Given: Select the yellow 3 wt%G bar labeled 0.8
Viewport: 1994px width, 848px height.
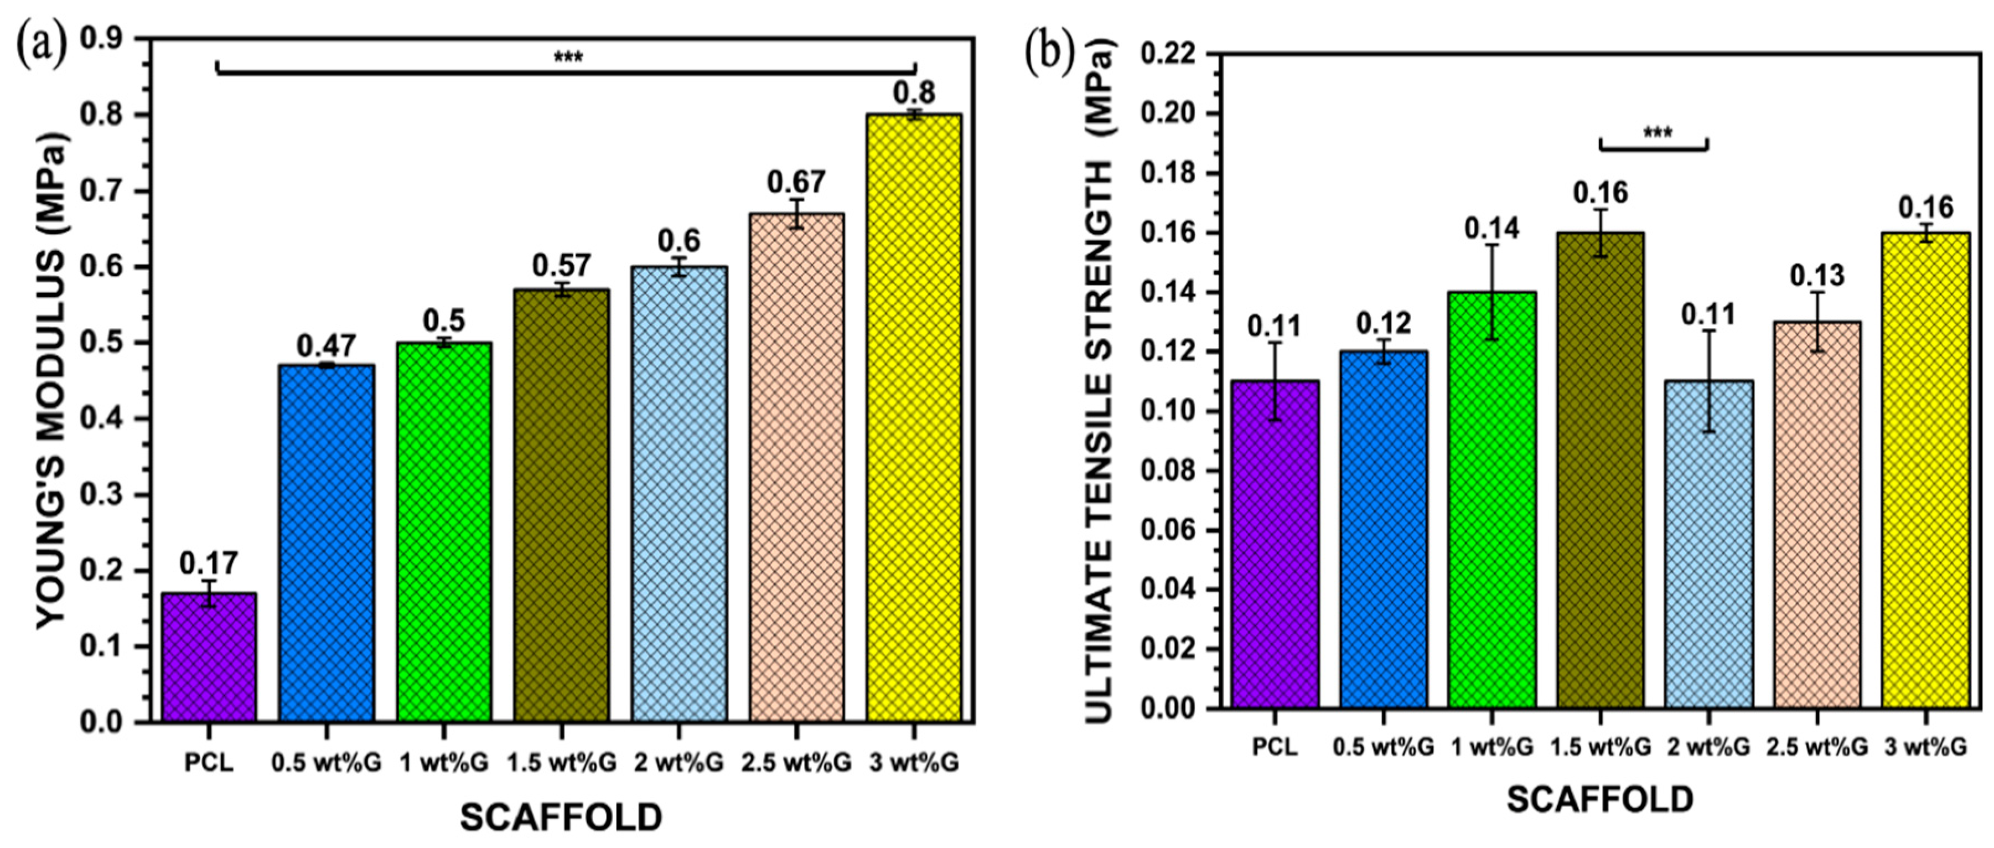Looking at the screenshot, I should pyautogui.click(x=914, y=418).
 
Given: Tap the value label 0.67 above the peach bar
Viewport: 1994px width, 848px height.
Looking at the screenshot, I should pyautogui.click(x=796, y=183).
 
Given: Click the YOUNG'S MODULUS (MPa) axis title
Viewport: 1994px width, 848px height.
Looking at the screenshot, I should pyautogui.click(x=54, y=380).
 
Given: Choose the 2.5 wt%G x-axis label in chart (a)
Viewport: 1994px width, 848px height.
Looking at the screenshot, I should pyautogui.click(x=796, y=763).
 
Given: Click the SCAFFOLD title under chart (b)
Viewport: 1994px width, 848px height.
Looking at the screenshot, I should pyautogui.click(x=1600, y=799).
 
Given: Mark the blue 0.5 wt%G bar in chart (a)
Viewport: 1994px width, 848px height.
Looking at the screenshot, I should pyautogui.click(x=327, y=542).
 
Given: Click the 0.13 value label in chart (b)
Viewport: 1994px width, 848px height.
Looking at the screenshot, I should pyautogui.click(x=1817, y=275).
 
